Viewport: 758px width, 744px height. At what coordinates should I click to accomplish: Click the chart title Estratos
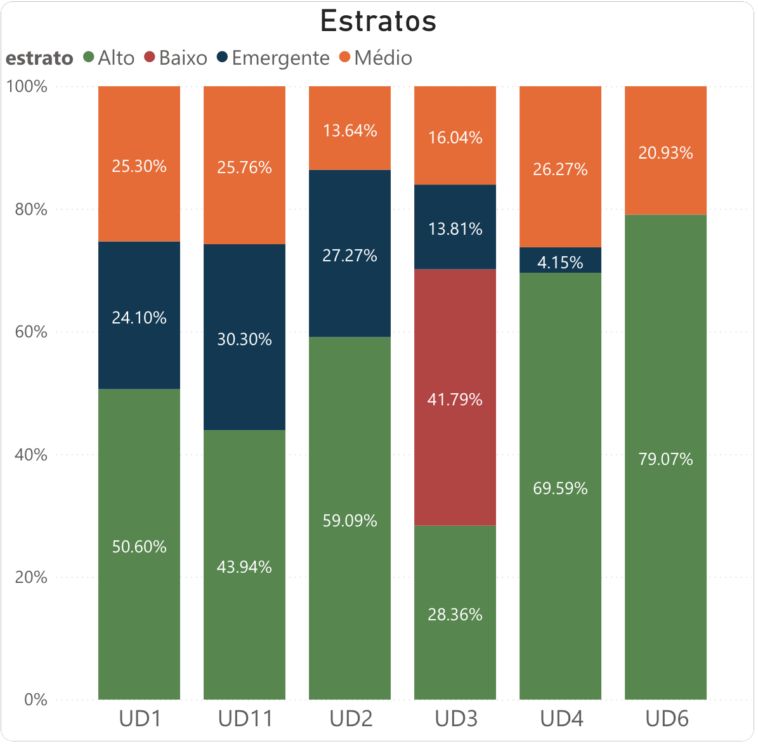(x=378, y=22)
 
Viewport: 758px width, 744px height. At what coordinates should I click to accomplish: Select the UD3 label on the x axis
(x=455, y=719)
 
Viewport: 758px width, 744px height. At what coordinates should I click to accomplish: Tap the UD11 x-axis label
(x=245, y=719)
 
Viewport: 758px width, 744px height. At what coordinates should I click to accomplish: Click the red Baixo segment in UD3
(x=455, y=444)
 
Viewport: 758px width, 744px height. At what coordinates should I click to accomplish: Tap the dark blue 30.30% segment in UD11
(x=244, y=381)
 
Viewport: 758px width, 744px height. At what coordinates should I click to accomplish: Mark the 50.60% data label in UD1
(x=139, y=547)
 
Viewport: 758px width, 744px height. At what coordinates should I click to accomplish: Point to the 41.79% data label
(x=455, y=400)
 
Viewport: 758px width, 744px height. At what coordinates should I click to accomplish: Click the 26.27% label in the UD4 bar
(x=560, y=169)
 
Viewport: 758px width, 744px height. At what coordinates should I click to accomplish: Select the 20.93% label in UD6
(x=665, y=153)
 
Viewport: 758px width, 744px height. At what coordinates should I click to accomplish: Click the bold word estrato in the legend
(x=39, y=58)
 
